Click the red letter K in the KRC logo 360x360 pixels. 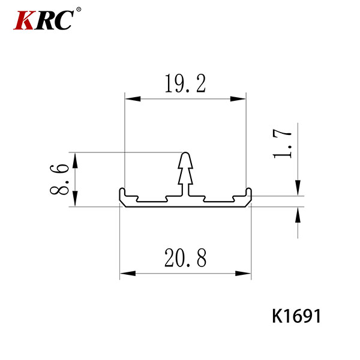point(25,20)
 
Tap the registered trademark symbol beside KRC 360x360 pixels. point(79,10)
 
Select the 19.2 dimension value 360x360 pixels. point(185,83)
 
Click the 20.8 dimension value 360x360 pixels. point(185,257)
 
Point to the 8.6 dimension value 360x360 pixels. point(59,179)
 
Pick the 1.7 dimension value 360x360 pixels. point(282,144)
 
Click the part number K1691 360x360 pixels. point(296,316)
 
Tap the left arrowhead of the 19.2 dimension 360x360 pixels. point(133,99)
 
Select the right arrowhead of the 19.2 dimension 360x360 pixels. point(238,99)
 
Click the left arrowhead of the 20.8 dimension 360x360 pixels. point(128,274)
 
